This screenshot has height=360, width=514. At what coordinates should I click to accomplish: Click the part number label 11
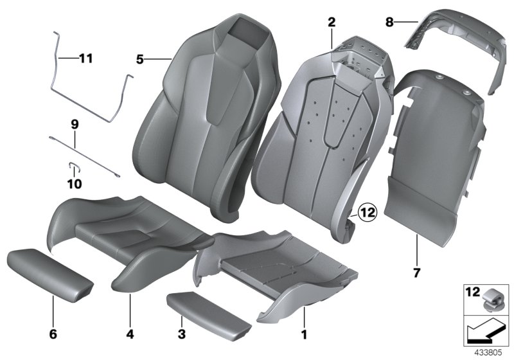point(85,59)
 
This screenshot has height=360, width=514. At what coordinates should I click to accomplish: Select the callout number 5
point(140,60)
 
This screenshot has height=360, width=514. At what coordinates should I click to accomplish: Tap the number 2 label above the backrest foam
point(332,22)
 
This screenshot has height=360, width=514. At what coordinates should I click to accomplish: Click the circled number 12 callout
point(367,211)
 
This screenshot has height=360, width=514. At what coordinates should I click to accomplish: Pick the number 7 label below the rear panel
point(416,273)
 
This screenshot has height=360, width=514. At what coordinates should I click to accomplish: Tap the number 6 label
point(53,334)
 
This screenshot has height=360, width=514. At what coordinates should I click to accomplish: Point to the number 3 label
point(182,334)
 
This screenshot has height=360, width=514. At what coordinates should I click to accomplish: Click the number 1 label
point(305,334)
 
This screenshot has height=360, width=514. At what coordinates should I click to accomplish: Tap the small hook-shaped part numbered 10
point(74,168)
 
